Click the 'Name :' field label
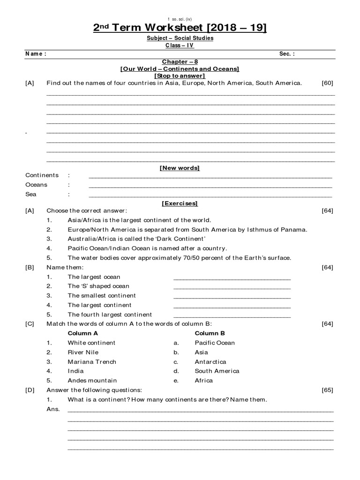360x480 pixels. pyautogui.click(x=36, y=54)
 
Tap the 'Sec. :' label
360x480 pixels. pyautogui.click(x=287, y=54)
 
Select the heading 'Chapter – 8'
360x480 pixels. pyautogui.click(x=180, y=62)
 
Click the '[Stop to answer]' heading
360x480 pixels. pyautogui.click(x=180, y=76)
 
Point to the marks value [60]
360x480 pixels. pyautogui.click(x=327, y=83)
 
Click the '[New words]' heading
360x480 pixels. pyautogui.click(x=180, y=168)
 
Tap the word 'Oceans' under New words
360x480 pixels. pyautogui.click(x=36, y=185)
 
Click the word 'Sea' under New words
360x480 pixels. pyautogui.click(x=31, y=194)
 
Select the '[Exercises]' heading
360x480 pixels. pyautogui.click(x=180, y=203)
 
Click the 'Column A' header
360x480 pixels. pyautogui.click(x=83, y=333)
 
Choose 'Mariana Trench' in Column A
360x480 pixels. pyautogui.click(x=92, y=362)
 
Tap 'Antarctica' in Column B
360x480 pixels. pyautogui.click(x=210, y=362)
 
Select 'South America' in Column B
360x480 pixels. pyautogui.click(x=217, y=371)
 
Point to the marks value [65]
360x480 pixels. pyautogui.click(x=327, y=390)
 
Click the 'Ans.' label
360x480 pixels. pyautogui.click(x=53, y=409)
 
